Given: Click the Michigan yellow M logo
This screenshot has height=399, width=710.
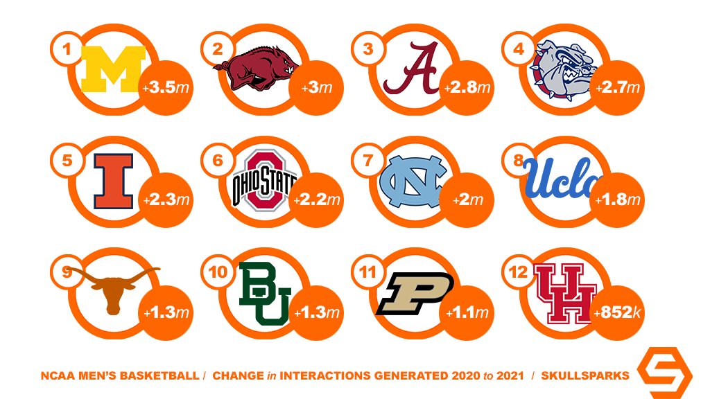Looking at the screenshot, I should coord(112,69).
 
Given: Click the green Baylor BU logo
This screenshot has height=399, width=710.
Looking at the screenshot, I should coord(262,293).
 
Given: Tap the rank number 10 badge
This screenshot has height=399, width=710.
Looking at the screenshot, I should coord(218,272).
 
